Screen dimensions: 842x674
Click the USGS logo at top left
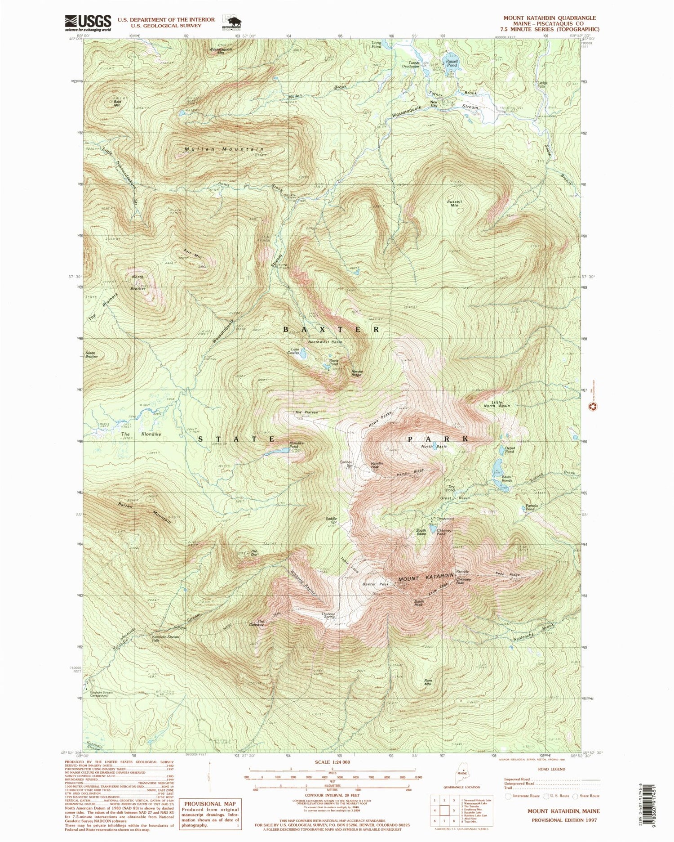pos(88,22)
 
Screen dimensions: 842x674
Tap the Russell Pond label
pos(452,63)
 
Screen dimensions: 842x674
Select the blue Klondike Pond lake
pos(282,450)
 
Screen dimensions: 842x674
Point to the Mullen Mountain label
pos(224,149)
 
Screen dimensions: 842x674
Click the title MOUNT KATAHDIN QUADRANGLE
pos(550,18)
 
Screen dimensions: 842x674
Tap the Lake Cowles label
pos(295,351)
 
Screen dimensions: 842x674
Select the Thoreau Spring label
pos(328,615)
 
